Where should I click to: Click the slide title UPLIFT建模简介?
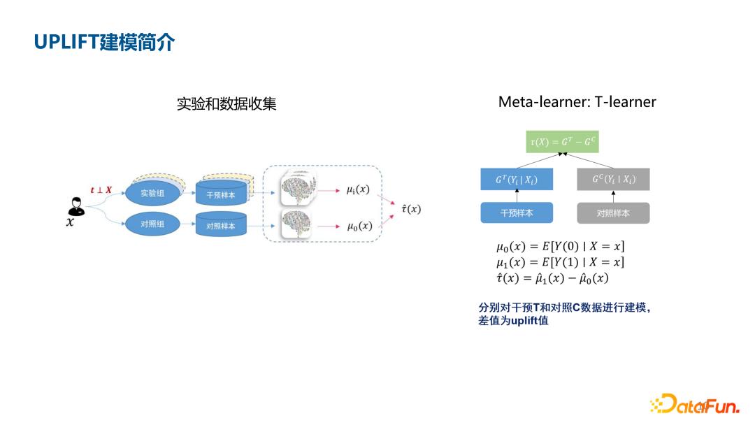(104, 42)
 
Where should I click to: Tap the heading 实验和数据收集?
(226, 104)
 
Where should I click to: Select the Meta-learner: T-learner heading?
(577, 102)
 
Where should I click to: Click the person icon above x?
(75, 206)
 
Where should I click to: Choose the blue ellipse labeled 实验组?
(152, 193)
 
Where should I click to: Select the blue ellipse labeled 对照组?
(152, 224)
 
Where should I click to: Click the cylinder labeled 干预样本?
(221, 194)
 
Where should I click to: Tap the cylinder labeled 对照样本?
(221, 225)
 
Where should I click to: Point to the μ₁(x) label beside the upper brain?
(357, 189)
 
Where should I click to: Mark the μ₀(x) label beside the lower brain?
(359, 226)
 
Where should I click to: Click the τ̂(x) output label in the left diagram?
(410, 208)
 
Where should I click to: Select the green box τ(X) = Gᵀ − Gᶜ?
(562, 142)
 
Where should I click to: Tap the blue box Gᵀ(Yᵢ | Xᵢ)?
(516, 180)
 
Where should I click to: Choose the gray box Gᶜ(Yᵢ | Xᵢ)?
(612, 180)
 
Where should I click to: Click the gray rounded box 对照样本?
(612, 213)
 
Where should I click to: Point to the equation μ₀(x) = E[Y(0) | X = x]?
(560, 246)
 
